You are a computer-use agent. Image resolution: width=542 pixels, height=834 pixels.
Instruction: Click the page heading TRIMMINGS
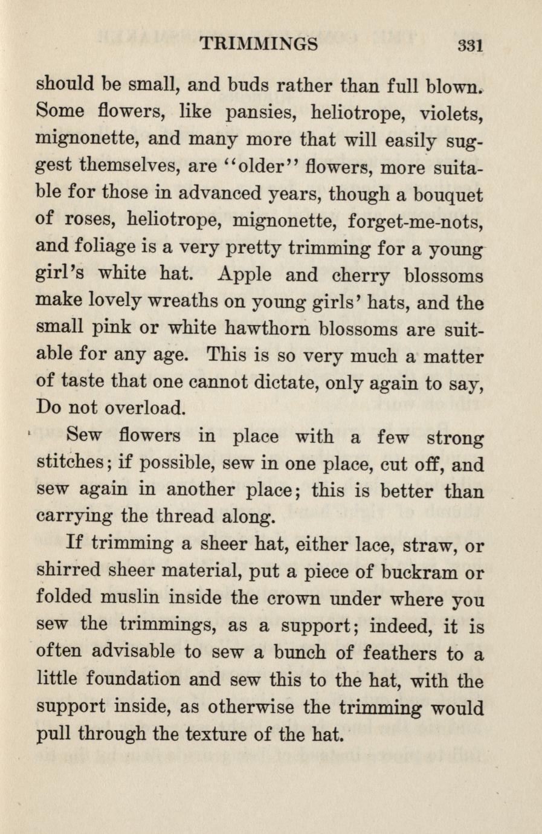(259, 44)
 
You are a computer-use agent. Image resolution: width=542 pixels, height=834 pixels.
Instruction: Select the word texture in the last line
(221, 734)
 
